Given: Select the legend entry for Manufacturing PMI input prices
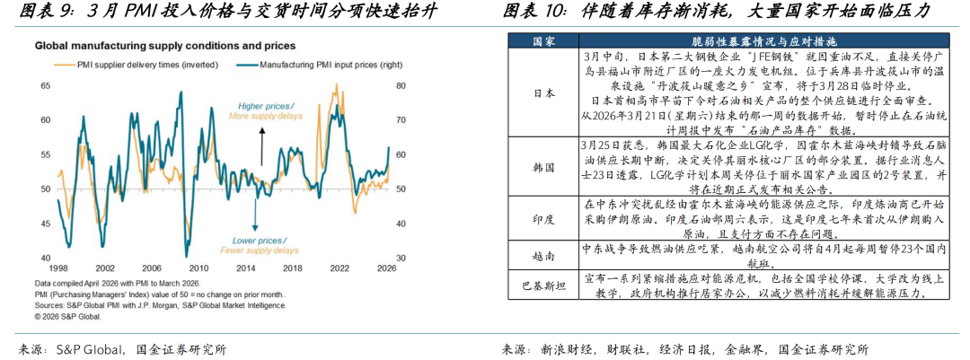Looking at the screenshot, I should (x=319, y=65).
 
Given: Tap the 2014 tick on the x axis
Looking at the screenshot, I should (x=243, y=268).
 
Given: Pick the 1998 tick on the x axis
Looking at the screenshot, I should (x=58, y=268).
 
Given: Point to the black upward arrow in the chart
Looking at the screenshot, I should (x=261, y=144).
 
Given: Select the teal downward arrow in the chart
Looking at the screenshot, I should (x=256, y=211).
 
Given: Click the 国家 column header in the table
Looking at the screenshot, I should (x=544, y=41).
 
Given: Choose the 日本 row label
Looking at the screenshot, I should (x=544, y=92).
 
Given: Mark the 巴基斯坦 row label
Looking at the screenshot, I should (x=544, y=285).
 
